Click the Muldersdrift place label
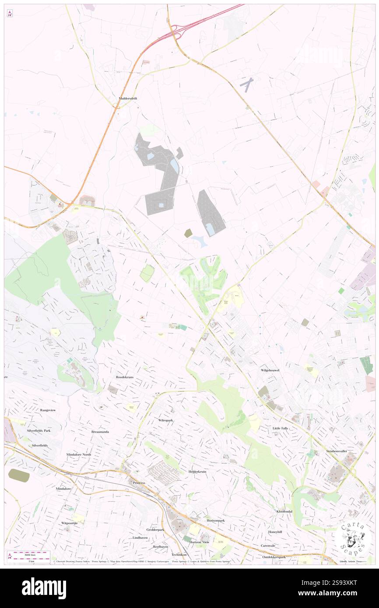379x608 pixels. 128,98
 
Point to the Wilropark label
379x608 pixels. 166,420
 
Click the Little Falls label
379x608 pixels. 280,428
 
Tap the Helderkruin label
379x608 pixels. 197,472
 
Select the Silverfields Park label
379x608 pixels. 38,430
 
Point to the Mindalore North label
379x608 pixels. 79,454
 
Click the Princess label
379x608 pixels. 139,483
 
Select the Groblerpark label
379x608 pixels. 155,530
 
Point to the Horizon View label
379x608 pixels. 199,542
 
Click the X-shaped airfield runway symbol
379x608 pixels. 248,84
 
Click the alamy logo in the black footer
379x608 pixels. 44,588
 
